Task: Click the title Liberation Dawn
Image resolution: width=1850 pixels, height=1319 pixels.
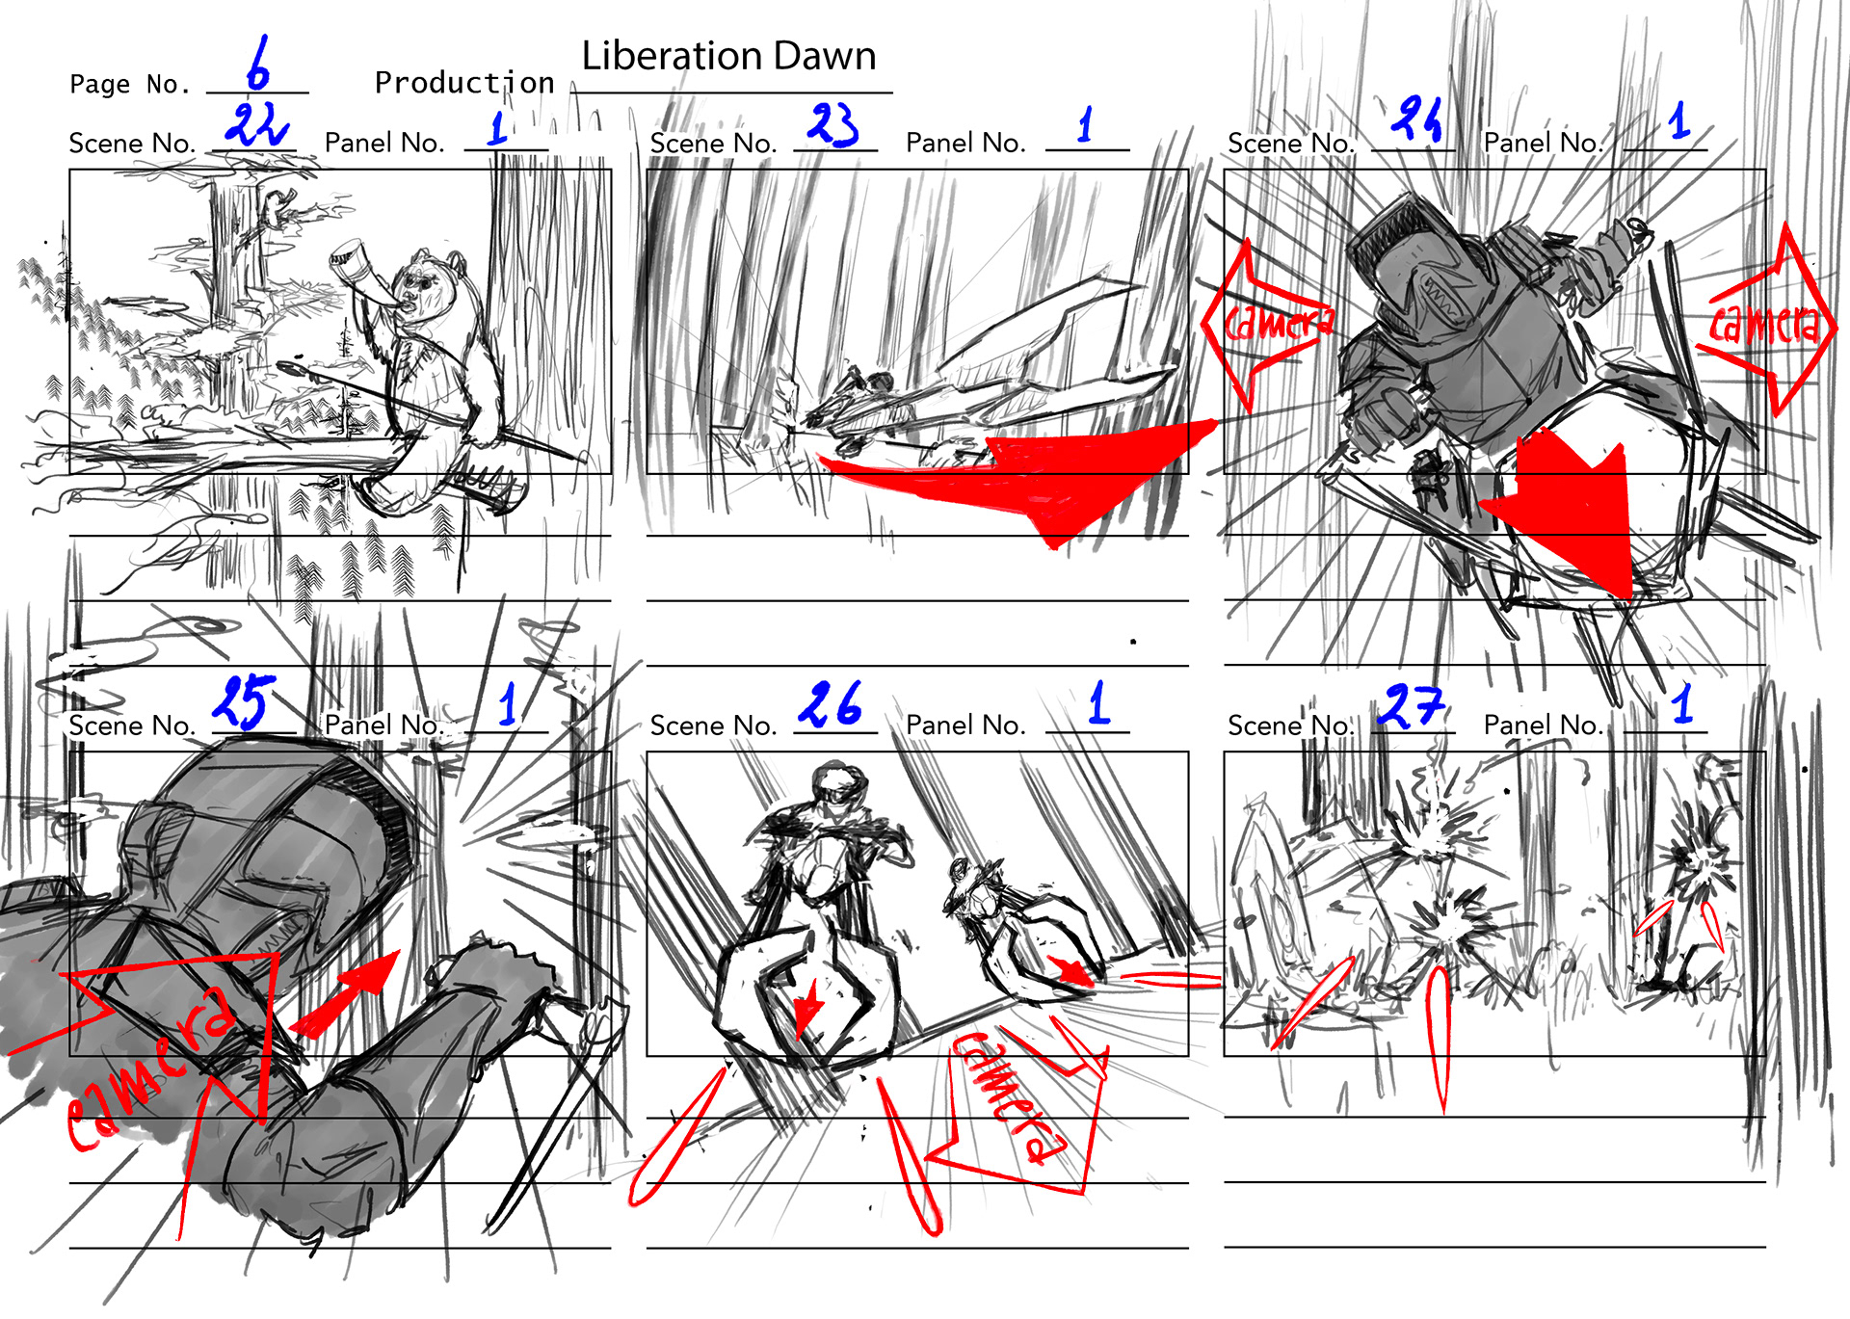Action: pyautogui.click(x=728, y=56)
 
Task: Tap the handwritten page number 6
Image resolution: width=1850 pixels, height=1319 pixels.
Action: pyautogui.click(x=257, y=64)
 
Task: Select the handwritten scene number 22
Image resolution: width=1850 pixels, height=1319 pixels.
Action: pyautogui.click(x=255, y=124)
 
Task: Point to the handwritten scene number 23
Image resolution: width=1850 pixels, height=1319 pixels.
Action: pyautogui.click(x=832, y=124)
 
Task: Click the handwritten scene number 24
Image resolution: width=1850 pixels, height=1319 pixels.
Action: pyautogui.click(x=1416, y=119)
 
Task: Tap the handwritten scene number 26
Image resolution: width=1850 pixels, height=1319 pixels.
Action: pyautogui.click(x=830, y=704)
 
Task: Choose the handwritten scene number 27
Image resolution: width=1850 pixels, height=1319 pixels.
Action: pyautogui.click(x=1411, y=706)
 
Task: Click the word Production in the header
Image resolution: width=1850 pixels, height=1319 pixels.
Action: pyautogui.click(x=464, y=83)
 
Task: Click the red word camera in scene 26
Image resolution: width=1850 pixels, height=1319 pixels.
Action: pyautogui.click(x=1009, y=1098)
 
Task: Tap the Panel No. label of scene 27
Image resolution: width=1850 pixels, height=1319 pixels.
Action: pyautogui.click(x=1544, y=725)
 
